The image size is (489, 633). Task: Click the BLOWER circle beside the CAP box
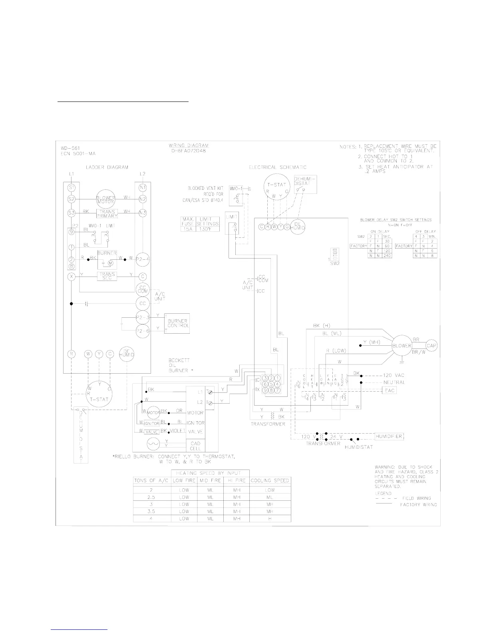click(401, 346)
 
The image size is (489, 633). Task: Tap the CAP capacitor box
click(431, 346)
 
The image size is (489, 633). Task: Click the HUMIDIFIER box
click(389, 436)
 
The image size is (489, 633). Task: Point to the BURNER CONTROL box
click(178, 323)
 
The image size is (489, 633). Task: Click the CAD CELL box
click(195, 446)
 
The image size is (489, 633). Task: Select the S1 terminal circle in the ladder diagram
click(72, 187)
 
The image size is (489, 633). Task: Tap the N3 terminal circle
click(142, 213)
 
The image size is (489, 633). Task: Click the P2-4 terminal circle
click(142, 259)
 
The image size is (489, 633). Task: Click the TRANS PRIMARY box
click(107, 213)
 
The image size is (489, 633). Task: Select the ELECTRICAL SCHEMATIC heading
click(278, 167)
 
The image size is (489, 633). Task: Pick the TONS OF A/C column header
click(152, 480)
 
